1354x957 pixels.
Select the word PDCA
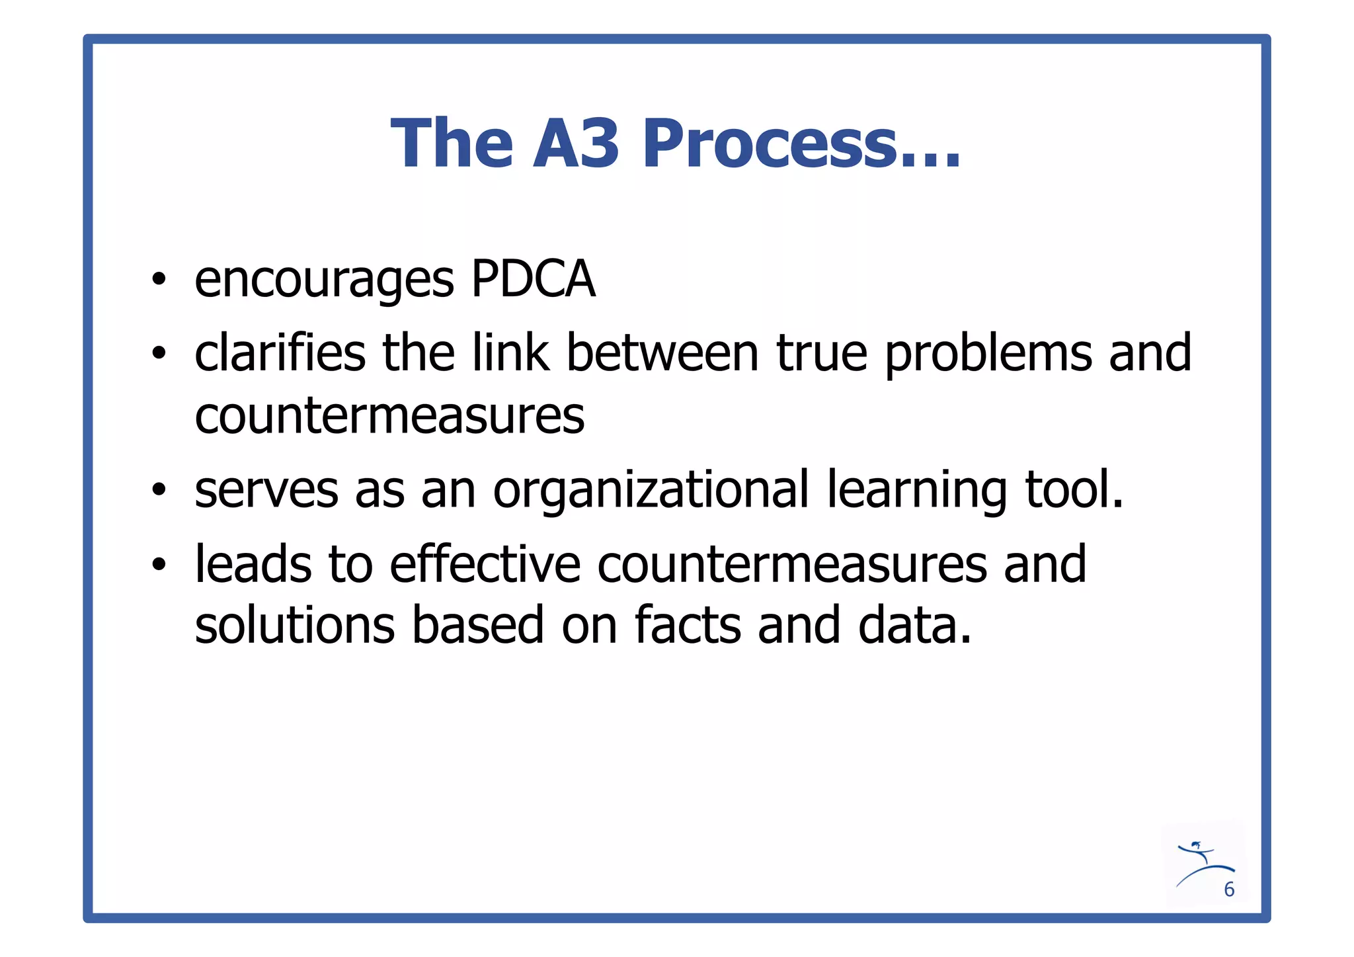(533, 280)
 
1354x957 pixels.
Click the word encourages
(324, 281)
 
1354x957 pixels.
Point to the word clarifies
(280, 353)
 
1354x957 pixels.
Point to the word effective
(485, 564)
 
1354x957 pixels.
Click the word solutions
(295, 626)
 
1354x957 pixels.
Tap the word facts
(688, 626)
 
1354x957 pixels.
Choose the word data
(914, 626)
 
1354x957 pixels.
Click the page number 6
(1229, 890)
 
